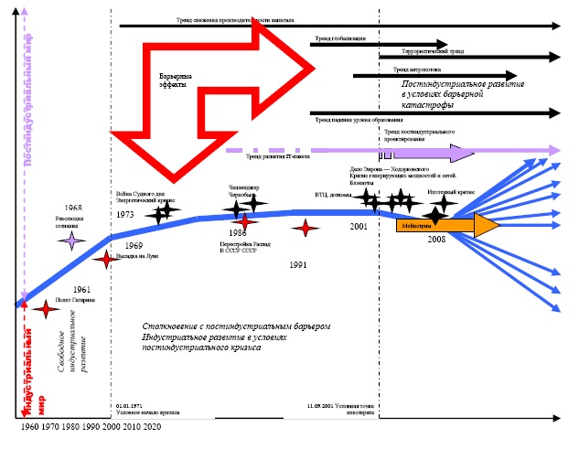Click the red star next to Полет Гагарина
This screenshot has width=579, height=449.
tap(41, 308)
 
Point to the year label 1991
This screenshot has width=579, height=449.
tap(296, 264)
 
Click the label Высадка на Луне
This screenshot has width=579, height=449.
tap(137, 257)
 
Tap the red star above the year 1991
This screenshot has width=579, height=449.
tap(305, 230)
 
